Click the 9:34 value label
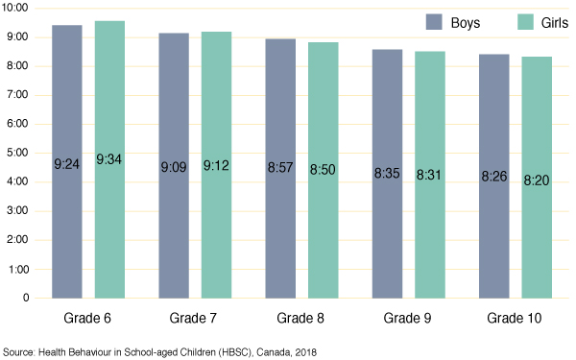(109, 159)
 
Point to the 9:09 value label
(174, 166)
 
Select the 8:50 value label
(323, 170)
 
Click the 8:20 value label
(537, 178)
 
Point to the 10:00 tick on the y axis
(17, 8)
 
